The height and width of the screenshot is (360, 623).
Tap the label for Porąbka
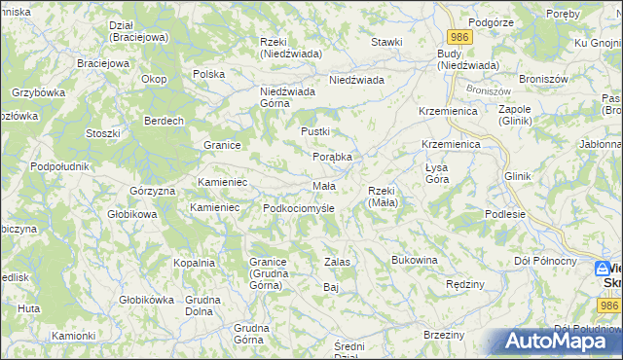pyautogui.click(x=331, y=156)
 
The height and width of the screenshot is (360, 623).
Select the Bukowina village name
pyautogui.click(x=415, y=261)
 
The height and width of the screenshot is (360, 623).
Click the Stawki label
pyautogui.click(x=386, y=42)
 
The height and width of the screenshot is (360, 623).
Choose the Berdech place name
pyautogui.click(x=164, y=121)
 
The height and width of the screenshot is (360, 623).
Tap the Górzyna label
pyautogui.click(x=150, y=191)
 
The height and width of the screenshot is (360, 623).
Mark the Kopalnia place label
pyautogui.click(x=194, y=263)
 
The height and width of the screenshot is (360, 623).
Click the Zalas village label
pyautogui.click(x=337, y=262)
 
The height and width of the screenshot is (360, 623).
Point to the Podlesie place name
pyautogui.click(x=505, y=214)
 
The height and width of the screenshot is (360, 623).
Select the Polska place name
pyautogui.click(x=209, y=74)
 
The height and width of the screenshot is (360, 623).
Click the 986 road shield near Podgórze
pyautogui.click(x=460, y=36)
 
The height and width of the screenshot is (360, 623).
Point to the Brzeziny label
pyautogui.click(x=444, y=335)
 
